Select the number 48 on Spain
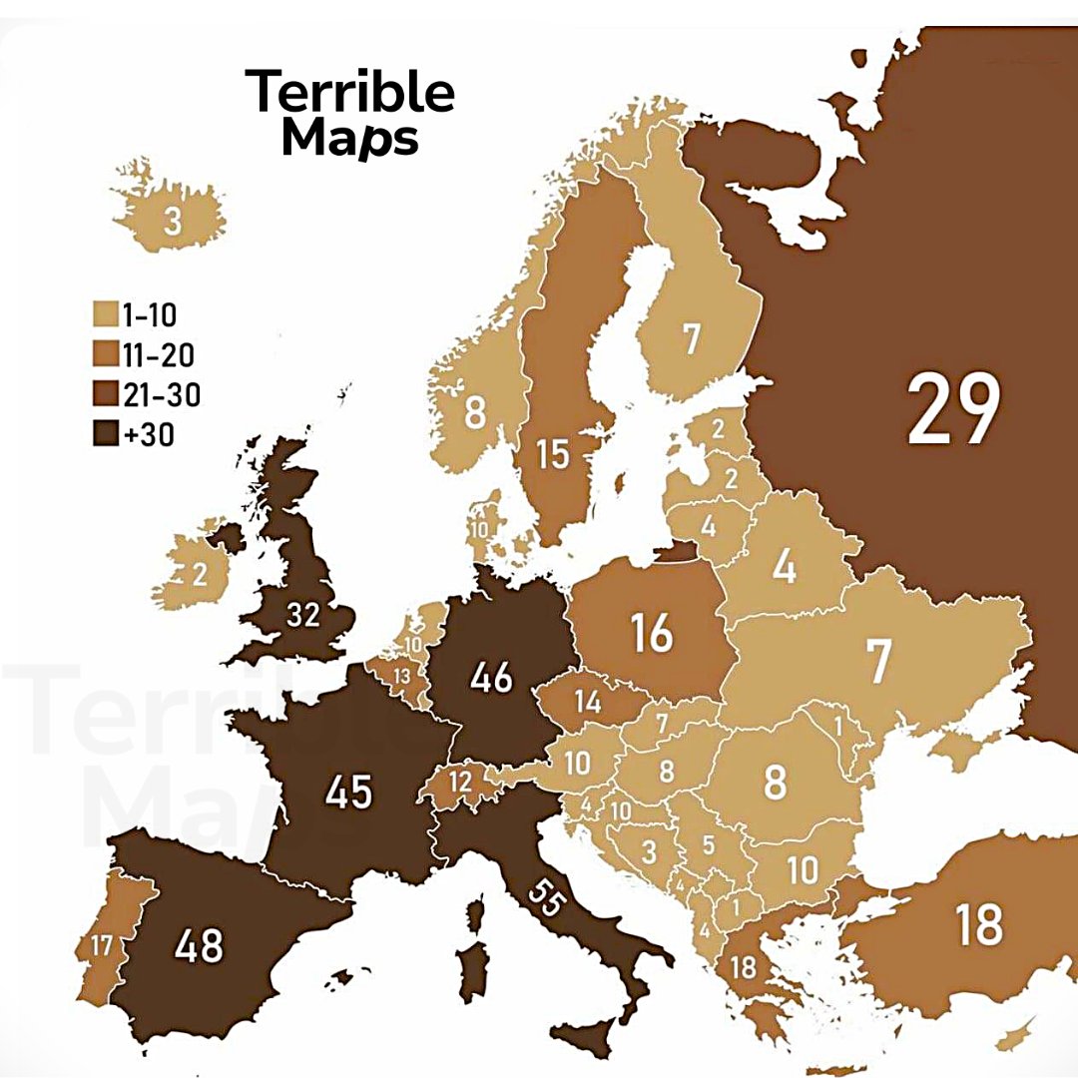[199, 944]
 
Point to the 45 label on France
[348, 792]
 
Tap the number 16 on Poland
[652, 633]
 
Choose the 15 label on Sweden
[552, 454]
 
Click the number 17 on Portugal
[101, 945]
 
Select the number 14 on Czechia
[587, 702]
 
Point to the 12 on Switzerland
[460, 781]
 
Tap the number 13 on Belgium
[402, 676]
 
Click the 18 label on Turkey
[978, 924]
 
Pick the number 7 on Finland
[691, 339]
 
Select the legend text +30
[150, 434]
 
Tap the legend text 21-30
[161, 395]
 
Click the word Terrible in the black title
[350, 92]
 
